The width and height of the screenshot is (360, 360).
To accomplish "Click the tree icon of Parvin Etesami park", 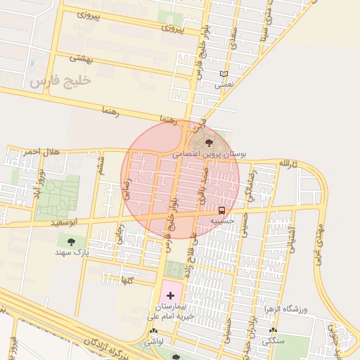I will (x=206, y=143).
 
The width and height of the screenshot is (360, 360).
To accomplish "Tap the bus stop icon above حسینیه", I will (x=221, y=210).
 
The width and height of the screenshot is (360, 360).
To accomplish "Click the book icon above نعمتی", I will (x=224, y=74).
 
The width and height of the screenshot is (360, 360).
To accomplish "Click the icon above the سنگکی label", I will (x=273, y=330).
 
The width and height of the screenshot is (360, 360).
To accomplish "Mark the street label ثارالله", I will (x=290, y=163).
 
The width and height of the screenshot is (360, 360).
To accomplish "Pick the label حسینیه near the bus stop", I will (x=222, y=221).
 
